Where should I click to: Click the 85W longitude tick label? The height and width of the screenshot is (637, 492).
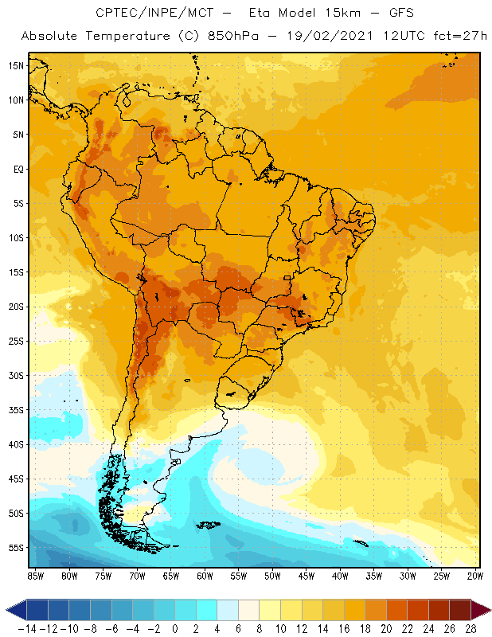(x=35, y=575)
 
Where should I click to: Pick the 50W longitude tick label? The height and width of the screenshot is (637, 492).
(x=272, y=575)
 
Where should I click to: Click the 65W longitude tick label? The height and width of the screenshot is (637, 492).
(x=170, y=575)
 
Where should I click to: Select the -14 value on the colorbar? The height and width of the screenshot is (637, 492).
(x=26, y=629)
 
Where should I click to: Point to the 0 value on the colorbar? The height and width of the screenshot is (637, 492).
(x=174, y=629)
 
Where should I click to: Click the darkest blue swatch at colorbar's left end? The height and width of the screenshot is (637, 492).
(x=37, y=610)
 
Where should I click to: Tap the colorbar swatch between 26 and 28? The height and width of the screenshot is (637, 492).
(x=459, y=610)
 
